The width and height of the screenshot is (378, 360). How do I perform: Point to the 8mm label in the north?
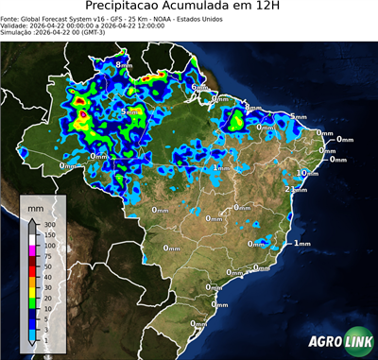point(123,64)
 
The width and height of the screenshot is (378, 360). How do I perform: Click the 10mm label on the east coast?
point(305,174)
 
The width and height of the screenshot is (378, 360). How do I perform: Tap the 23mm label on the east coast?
point(296,190)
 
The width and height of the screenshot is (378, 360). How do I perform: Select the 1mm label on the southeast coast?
point(302,244)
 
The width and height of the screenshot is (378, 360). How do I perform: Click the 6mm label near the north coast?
point(199,88)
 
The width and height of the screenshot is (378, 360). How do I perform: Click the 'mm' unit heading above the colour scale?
point(35,206)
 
